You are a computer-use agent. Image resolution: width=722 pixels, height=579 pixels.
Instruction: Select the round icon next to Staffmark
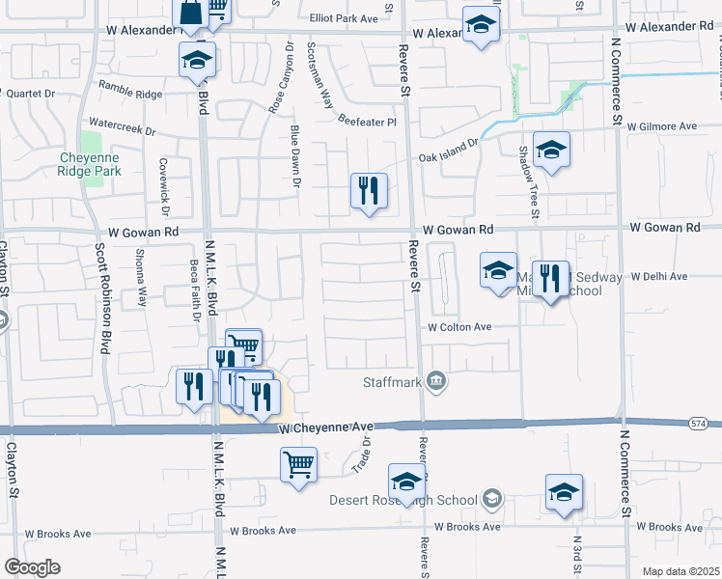[x=436, y=382]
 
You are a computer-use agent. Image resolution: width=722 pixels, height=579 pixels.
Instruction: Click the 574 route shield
[x=699, y=424]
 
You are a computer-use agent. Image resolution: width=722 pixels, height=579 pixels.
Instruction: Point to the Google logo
[x=32, y=567]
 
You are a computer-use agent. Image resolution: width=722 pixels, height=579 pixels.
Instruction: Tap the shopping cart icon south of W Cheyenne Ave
[x=298, y=465]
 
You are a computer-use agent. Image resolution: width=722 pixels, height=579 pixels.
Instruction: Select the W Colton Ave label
[x=460, y=327]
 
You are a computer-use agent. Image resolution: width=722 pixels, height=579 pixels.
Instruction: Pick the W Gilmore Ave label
[x=661, y=126]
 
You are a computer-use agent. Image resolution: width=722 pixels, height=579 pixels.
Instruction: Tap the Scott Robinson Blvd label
[x=100, y=295]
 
